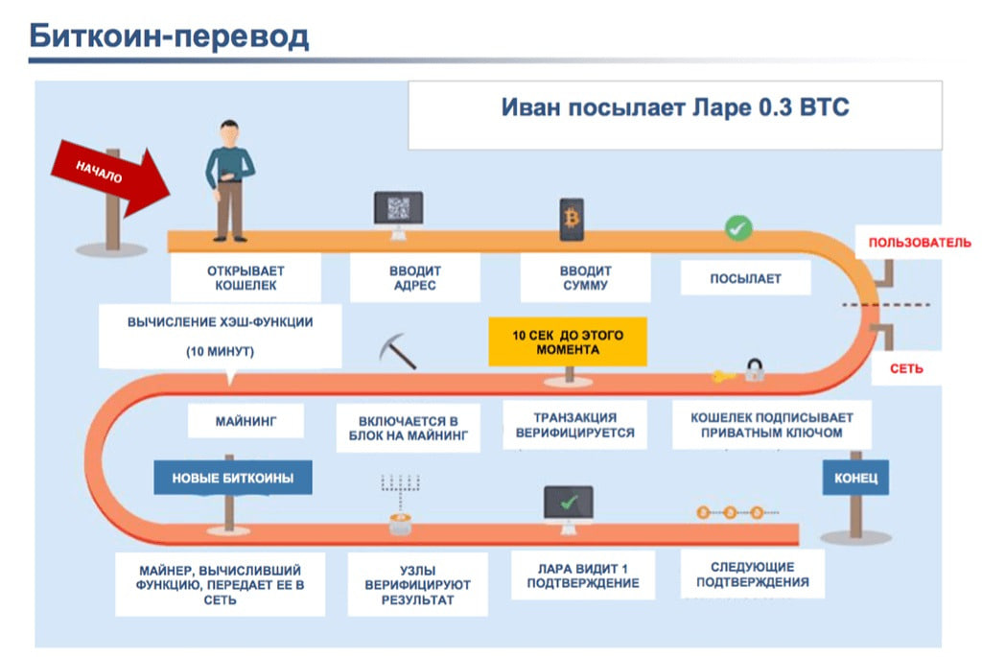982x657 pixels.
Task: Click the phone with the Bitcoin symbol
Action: pos(572,219)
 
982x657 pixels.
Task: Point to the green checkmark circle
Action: pos(737,227)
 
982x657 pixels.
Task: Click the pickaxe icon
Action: pos(397,351)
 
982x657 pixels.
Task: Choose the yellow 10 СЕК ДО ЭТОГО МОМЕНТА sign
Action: pos(568,342)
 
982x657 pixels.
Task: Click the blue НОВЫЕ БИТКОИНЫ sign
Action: pos(233,477)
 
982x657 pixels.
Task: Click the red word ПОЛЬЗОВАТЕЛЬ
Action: pos(919,243)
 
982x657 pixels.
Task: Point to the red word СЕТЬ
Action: pos(906,369)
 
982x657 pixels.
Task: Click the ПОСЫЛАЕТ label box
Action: pos(745,279)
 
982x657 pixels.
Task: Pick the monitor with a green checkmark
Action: pos(568,503)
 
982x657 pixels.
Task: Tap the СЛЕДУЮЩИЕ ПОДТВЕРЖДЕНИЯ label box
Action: pos(752,574)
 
